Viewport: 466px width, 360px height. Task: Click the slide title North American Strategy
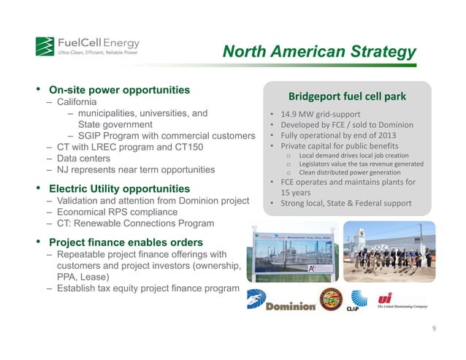(319, 52)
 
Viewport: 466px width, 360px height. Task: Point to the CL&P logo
(362, 301)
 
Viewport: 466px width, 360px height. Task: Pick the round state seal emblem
(329, 300)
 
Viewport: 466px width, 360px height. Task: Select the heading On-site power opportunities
(119, 91)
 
